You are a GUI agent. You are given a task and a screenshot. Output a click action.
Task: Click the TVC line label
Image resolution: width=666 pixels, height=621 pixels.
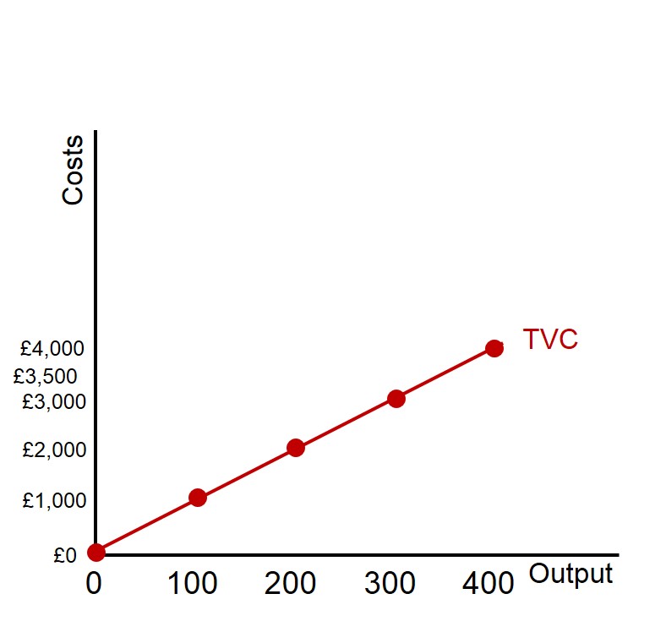[x=550, y=339]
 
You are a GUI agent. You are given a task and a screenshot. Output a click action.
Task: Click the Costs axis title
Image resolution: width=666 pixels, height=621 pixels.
[x=74, y=169]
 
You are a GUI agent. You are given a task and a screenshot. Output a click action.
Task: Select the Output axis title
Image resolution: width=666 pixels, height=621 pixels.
[x=570, y=575]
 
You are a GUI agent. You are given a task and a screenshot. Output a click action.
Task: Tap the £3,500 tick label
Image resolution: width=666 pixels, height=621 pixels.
[x=45, y=376]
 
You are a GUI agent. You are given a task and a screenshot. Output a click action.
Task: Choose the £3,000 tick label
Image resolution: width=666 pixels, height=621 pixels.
[x=54, y=401]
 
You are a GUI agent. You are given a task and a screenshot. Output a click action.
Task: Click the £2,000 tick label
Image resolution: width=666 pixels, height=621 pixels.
[x=54, y=450]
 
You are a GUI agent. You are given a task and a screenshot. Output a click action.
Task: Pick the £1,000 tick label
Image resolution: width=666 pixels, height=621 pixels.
[x=54, y=501]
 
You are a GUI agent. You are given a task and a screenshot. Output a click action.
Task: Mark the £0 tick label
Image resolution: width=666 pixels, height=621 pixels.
[x=65, y=556]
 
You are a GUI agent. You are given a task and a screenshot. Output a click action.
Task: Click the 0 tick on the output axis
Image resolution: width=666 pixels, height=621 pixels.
[x=94, y=583]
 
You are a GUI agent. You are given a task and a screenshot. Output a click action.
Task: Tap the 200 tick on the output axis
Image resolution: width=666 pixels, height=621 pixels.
[x=290, y=583]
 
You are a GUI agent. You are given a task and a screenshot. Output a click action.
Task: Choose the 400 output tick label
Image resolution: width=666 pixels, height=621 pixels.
[x=488, y=583]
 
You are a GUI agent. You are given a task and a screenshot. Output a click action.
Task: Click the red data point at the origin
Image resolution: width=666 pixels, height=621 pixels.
[x=96, y=552]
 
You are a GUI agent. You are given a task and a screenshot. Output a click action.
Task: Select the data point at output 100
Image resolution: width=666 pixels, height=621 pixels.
[x=198, y=497]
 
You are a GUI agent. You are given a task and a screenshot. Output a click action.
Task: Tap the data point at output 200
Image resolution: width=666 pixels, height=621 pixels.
[x=296, y=448]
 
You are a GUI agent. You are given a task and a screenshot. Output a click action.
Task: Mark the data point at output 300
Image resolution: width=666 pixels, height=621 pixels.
[x=396, y=398]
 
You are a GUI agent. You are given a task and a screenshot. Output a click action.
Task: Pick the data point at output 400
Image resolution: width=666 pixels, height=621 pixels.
[x=494, y=348]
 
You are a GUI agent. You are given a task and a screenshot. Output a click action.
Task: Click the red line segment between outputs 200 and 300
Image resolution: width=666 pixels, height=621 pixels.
[x=346, y=423]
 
